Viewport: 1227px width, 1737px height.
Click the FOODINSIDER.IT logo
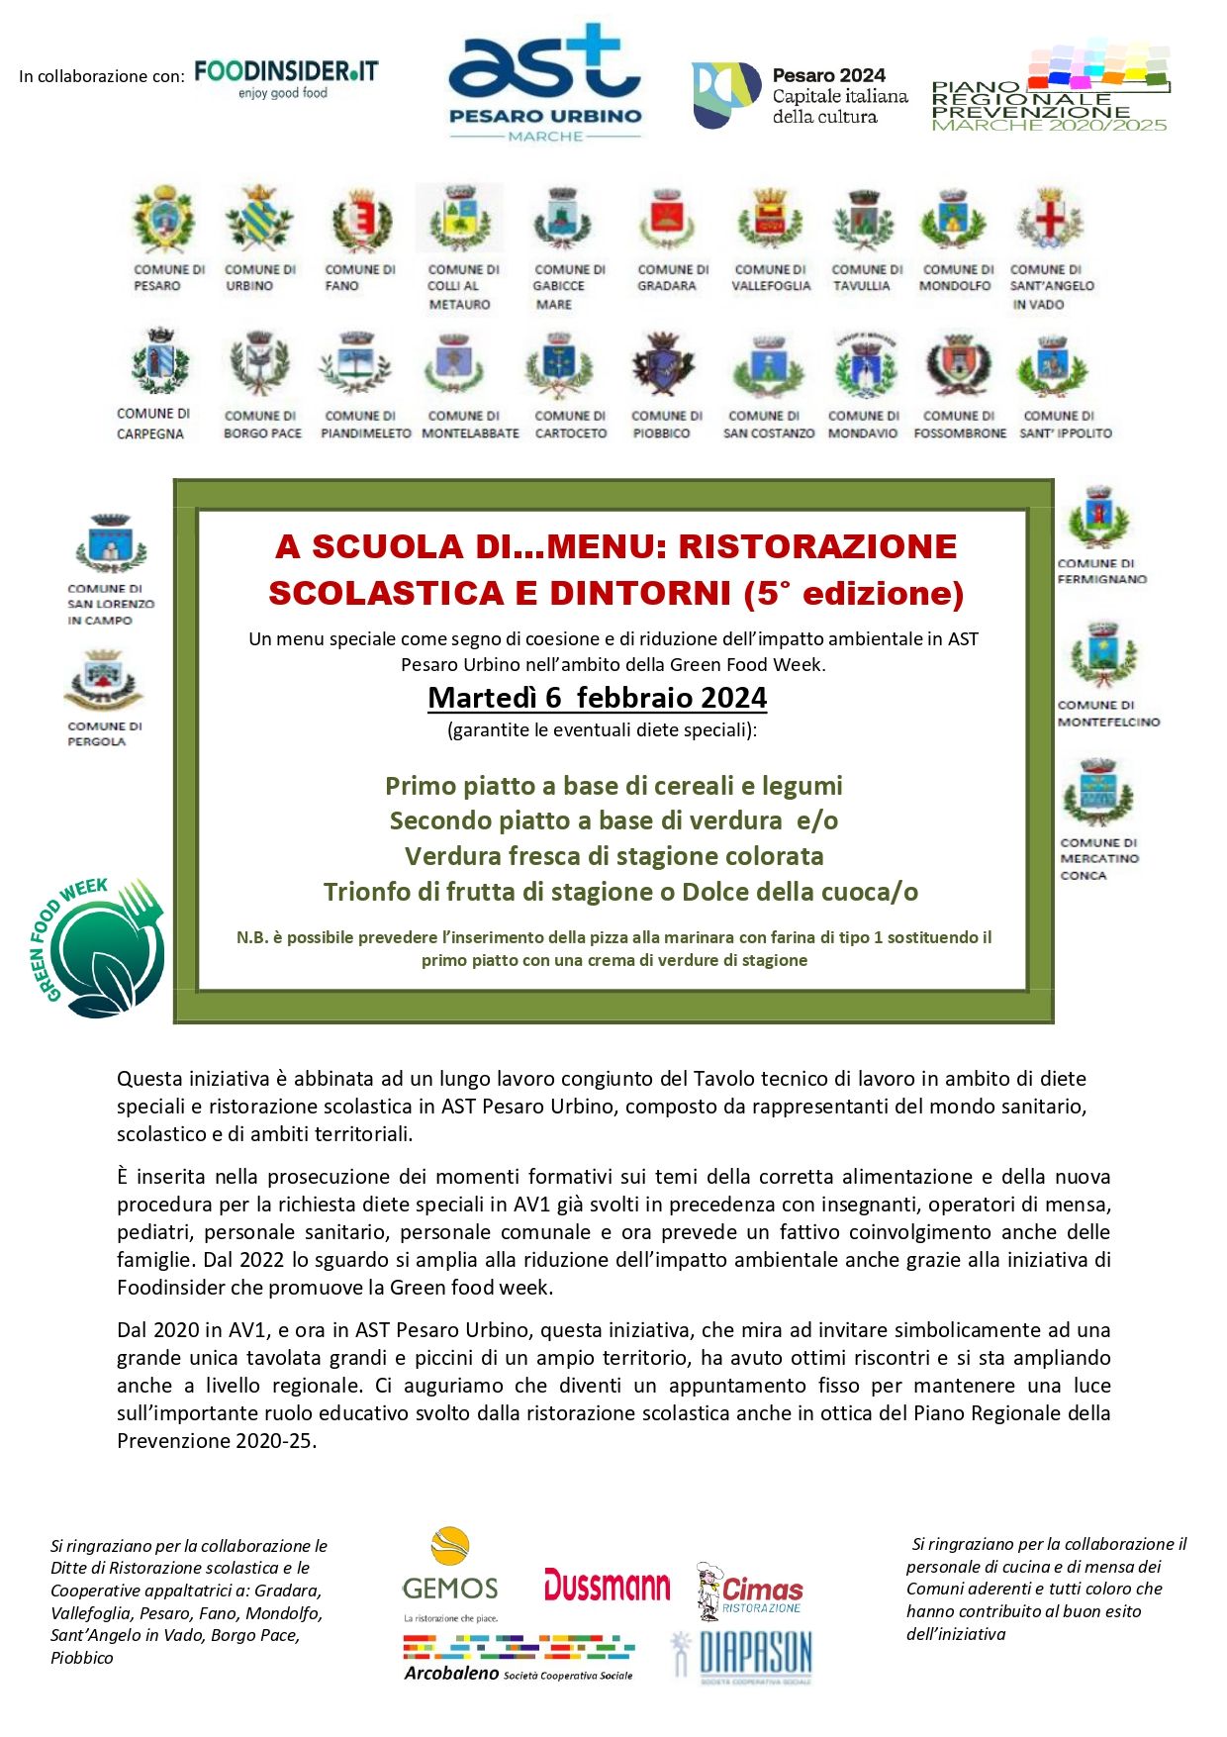(286, 77)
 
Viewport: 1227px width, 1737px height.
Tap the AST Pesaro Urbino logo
(545, 84)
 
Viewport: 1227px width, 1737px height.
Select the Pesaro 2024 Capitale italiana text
(839, 96)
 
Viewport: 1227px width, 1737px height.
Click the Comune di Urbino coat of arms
(258, 219)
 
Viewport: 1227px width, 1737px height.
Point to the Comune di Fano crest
(360, 221)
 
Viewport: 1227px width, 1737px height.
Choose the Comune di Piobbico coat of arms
(662, 364)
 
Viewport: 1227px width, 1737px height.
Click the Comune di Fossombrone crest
(958, 364)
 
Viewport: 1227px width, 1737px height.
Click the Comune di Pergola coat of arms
(103, 680)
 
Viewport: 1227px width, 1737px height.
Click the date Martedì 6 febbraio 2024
(597, 698)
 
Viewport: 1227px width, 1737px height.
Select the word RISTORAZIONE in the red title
(817, 546)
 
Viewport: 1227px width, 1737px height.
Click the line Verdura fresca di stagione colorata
(613, 856)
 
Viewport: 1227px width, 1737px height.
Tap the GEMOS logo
(450, 1575)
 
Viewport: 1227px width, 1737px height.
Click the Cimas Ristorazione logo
(749, 1592)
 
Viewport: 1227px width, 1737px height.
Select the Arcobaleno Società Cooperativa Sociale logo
(519, 1658)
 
